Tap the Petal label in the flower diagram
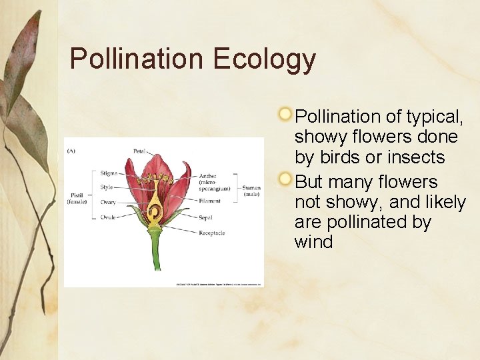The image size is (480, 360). (139, 151)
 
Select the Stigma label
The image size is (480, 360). (108, 173)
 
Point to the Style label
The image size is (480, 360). (107, 187)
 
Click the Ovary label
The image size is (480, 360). (108, 202)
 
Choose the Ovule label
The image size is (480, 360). (108, 217)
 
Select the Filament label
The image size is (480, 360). (211, 201)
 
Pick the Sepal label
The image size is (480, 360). (205, 217)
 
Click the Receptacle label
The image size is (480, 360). (212, 233)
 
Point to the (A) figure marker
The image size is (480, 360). (71, 151)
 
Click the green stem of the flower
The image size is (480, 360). (155, 253)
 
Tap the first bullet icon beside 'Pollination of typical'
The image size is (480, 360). (285, 113)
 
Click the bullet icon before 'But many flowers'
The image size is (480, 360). (285, 179)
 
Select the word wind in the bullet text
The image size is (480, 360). (313, 242)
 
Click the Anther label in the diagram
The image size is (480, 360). (208, 177)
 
